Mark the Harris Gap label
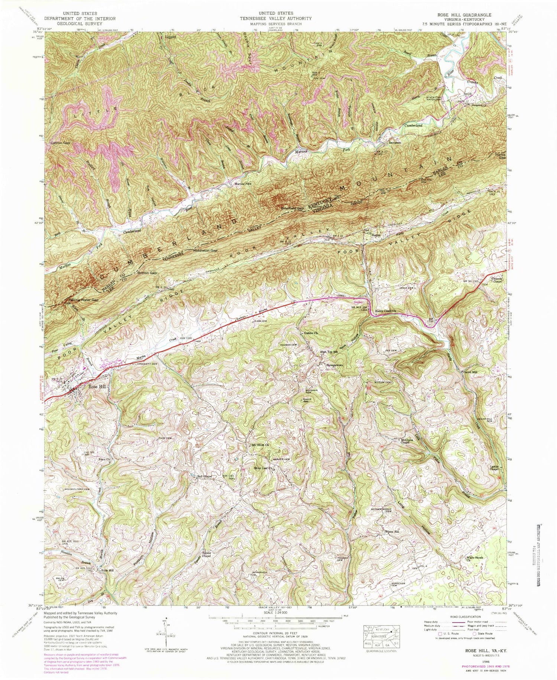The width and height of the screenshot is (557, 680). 501,156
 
